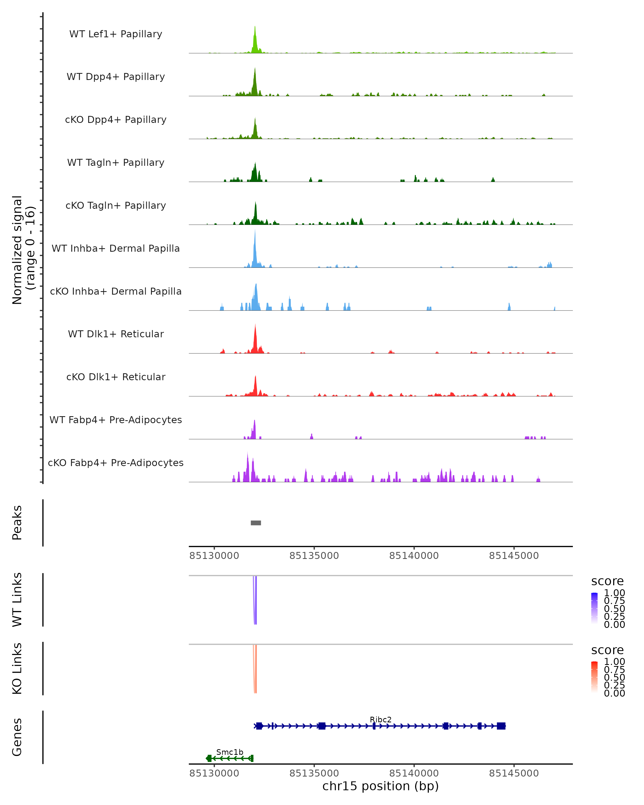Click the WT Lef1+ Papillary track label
116,34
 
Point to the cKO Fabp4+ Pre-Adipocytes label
116,463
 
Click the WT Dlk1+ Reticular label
116,334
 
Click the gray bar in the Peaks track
256,523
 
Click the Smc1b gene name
230,752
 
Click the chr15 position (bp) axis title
380,786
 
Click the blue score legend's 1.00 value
614,593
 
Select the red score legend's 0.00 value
614,693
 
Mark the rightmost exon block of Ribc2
501,726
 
